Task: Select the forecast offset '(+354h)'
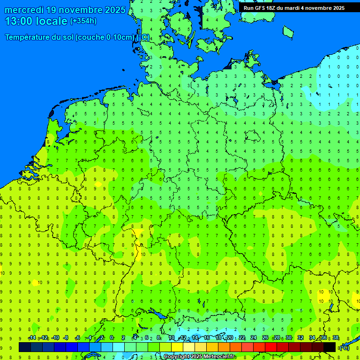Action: (x=83, y=21)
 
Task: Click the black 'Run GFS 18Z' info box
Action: (x=294, y=8)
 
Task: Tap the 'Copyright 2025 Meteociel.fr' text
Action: (x=200, y=357)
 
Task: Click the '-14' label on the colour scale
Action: (x=32, y=338)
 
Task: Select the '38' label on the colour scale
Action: (x=335, y=338)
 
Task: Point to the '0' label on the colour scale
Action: (x=112, y=338)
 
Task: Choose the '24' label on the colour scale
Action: (x=253, y=338)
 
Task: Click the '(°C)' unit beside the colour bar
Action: (x=345, y=347)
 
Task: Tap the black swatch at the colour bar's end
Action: (x=330, y=347)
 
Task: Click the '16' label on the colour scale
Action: (x=207, y=338)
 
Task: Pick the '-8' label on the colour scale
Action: (x=66, y=338)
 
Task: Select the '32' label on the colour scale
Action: (x=300, y=338)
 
